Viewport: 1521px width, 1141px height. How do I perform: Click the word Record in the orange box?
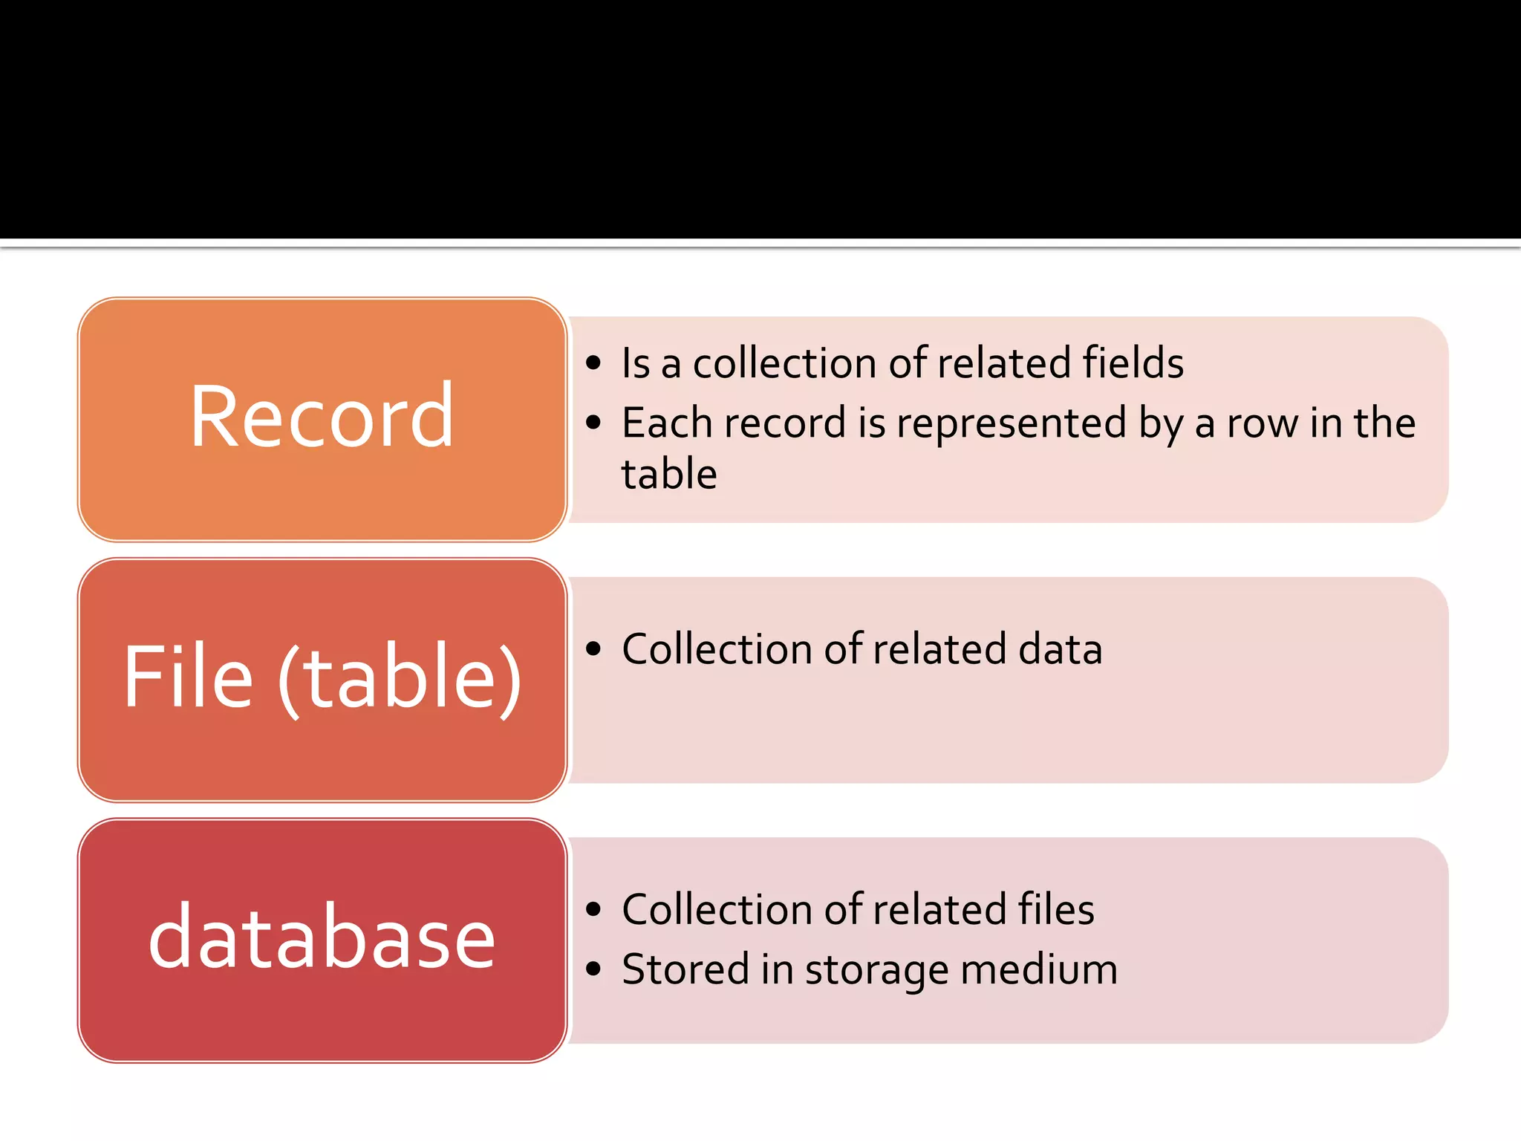tap(321, 417)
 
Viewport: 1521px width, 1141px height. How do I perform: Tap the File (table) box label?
tap(321, 677)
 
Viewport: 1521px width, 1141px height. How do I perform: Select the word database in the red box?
tap(321, 937)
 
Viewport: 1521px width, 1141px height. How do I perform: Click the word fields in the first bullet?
tap(1133, 363)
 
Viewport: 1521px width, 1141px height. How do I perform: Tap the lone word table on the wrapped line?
tap(668, 475)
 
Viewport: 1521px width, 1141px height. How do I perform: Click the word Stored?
tap(685, 970)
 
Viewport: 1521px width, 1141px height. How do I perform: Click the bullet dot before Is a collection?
tap(592, 363)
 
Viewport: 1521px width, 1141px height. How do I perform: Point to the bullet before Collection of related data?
tap(592, 649)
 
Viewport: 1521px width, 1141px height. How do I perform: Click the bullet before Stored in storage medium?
tap(592, 969)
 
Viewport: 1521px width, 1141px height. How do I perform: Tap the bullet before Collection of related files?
tap(592, 909)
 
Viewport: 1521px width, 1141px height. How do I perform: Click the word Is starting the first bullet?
tap(636, 363)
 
